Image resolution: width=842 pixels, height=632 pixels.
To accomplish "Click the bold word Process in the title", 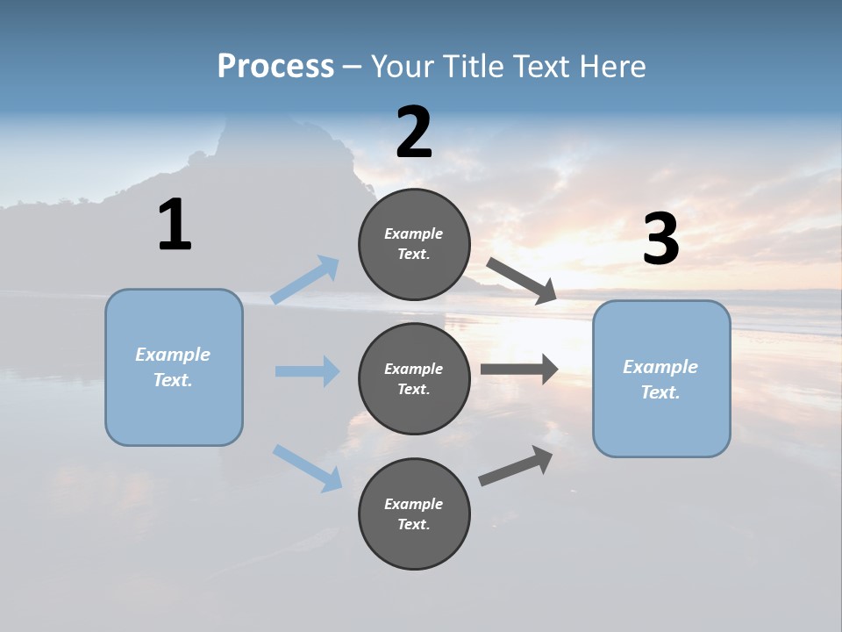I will point(275,66).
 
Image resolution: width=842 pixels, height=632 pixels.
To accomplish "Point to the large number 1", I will point(175,226).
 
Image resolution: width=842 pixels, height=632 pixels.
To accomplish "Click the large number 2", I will point(414,133).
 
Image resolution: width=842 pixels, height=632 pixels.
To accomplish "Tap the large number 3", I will point(660,240).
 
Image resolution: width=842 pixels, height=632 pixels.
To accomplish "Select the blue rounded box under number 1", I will point(174,367).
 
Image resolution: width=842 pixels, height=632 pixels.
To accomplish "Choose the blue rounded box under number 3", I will point(661,378).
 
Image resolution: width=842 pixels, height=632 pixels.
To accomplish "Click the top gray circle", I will point(414,244).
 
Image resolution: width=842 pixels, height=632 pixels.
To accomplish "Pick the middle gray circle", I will point(414,378).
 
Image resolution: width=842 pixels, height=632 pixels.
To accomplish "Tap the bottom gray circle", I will point(414,513).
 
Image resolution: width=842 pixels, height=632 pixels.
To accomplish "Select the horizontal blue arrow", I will point(307,371).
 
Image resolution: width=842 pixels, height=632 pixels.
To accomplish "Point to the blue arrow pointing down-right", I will point(307,467).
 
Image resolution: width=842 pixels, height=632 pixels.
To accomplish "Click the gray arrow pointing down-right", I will point(521,280).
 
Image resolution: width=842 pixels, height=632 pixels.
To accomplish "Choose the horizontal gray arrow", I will point(519,370).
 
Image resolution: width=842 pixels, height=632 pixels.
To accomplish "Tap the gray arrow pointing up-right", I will point(516,465).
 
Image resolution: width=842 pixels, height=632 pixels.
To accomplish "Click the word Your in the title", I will point(399,66).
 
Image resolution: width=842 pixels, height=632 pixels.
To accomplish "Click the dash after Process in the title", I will point(352,67).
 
